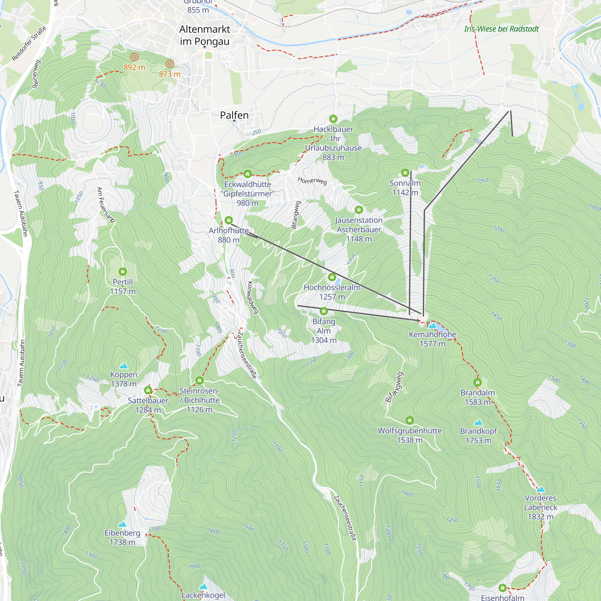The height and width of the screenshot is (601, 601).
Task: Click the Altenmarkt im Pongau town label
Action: tap(205, 35)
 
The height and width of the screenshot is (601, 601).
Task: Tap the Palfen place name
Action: tap(234, 115)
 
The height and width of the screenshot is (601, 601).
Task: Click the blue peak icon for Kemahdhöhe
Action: tap(432, 326)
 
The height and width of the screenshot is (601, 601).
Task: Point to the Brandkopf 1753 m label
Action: tap(478, 435)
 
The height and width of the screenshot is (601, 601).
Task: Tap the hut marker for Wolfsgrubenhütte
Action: tap(409, 421)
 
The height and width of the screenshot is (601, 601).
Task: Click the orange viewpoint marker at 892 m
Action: tap(134, 57)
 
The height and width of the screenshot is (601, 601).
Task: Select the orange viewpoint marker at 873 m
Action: tap(169, 64)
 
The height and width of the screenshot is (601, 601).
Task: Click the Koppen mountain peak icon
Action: tap(124, 365)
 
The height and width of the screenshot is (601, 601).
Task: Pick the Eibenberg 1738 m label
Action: tap(122, 538)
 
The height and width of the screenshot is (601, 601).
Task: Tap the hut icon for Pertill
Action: tap(123, 272)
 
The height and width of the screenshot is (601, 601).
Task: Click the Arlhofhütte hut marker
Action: tap(229, 220)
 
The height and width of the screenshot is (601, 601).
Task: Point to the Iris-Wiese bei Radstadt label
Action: tap(501, 29)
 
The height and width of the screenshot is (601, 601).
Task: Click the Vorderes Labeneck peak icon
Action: tap(541, 489)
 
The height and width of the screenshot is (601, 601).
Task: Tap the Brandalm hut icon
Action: tap(477, 382)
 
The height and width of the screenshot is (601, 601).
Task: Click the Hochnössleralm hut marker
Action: tap(332, 277)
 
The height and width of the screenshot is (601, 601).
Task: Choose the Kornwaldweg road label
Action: tap(253, 298)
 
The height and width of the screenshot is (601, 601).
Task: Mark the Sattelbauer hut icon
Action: tap(148, 390)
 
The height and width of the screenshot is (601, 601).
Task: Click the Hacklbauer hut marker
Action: tap(333, 119)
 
